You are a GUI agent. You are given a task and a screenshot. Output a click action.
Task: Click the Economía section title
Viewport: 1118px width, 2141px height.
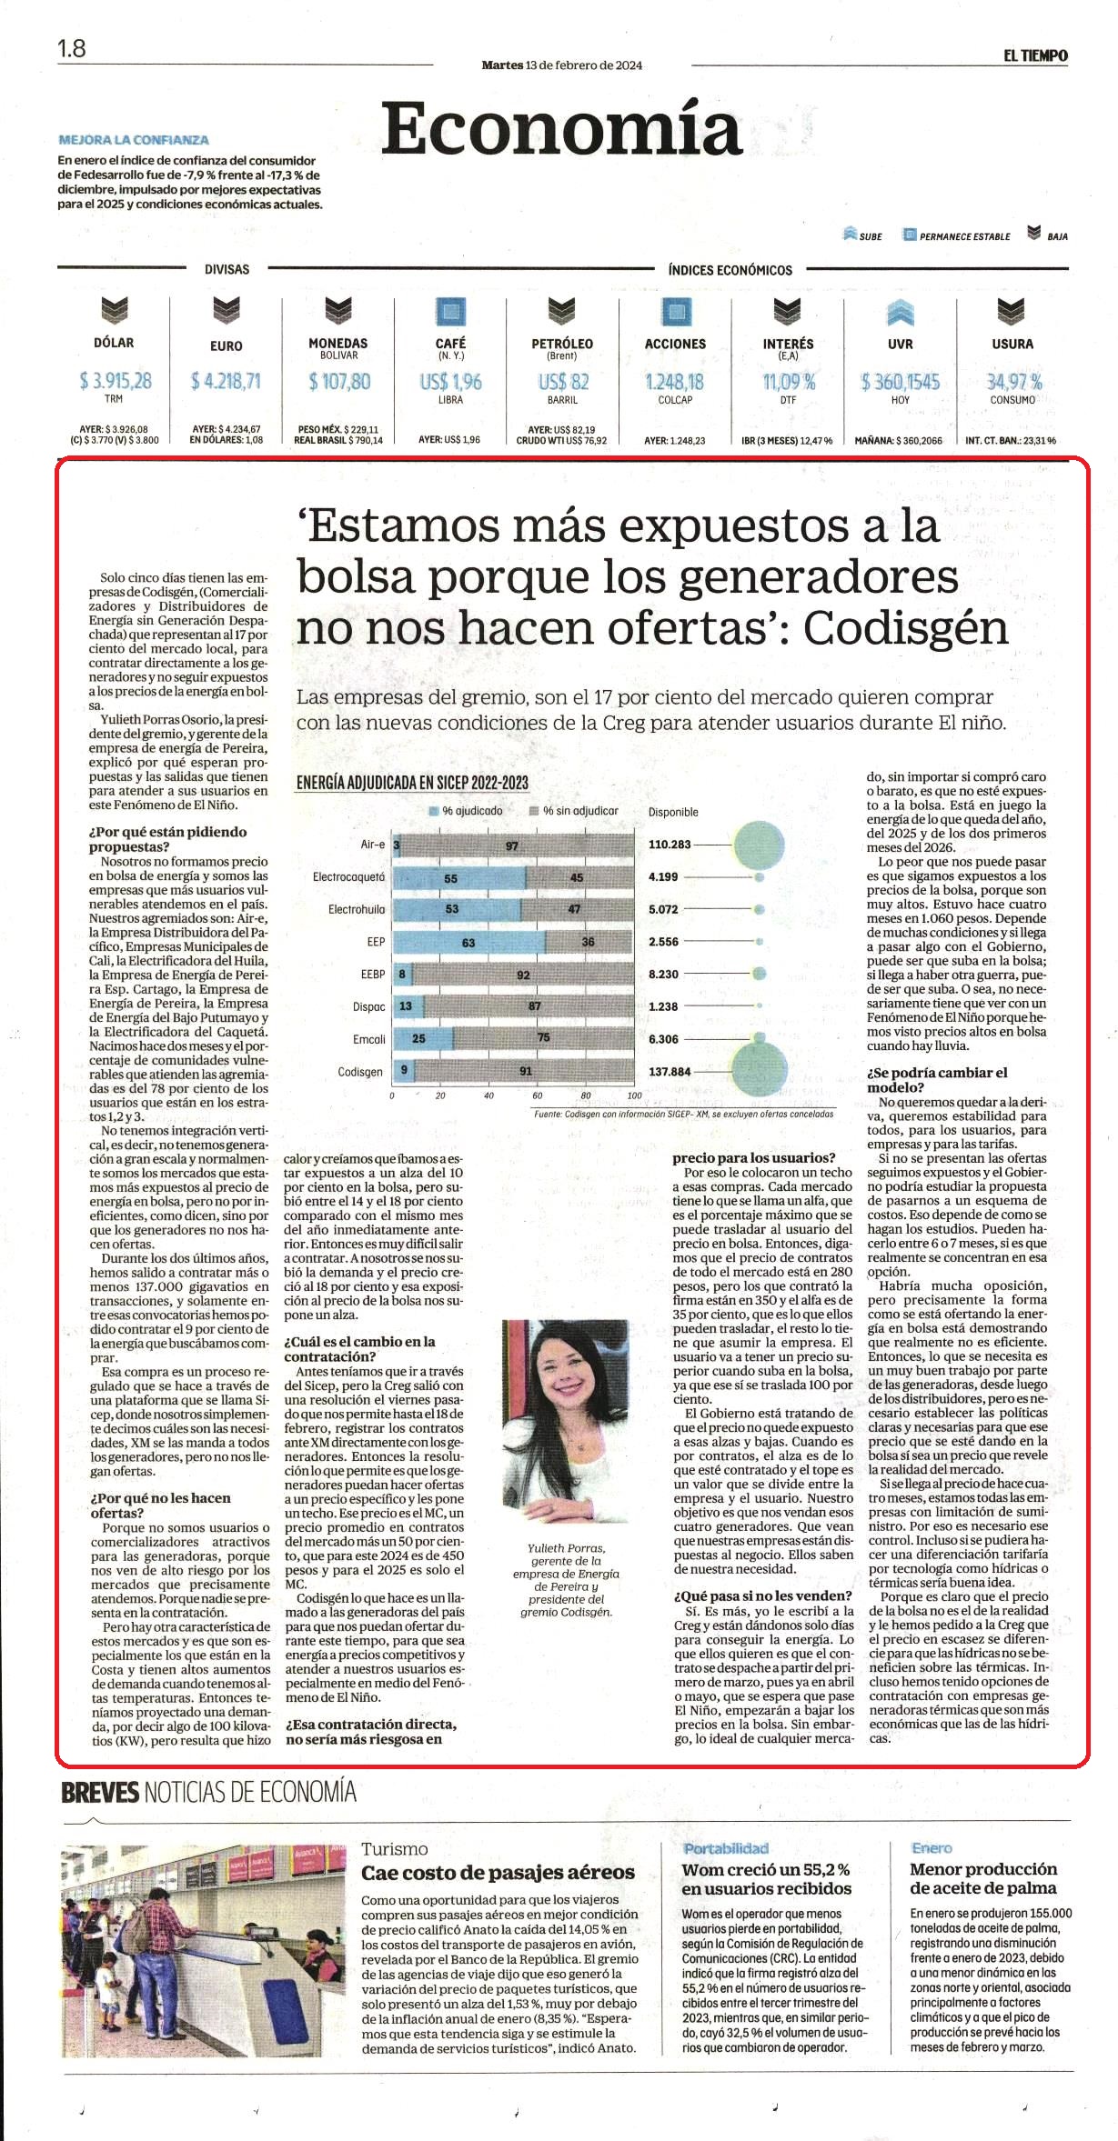pyautogui.click(x=561, y=128)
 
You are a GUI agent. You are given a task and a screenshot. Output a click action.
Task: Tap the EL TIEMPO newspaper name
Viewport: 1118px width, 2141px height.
pyautogui.click(x=1035, y=55)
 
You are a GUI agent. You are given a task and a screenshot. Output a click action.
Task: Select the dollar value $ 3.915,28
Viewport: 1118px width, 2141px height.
pyautogui.click(x=115, y=381)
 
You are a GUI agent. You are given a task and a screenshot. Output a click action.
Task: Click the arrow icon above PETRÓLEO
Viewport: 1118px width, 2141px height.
pyautogui.click(x=561, y=311)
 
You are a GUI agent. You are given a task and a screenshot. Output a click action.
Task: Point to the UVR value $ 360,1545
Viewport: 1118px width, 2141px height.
pyautogui.click(x=900, y=382)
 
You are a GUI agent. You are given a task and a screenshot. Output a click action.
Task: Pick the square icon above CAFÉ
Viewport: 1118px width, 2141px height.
pyautogui.click(x=450, y=312)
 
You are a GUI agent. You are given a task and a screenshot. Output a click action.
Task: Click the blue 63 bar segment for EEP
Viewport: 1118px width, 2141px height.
pyautogui.click(x=468, y=942)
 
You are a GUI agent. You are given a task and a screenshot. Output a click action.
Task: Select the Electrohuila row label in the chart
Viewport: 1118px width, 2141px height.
pyautogui.click(x=357, y=909)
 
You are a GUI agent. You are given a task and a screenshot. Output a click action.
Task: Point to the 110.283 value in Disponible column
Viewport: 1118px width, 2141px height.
pyautogui.click(x=670, y=845)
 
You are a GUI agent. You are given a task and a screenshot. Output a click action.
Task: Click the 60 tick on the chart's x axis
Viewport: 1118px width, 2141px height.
pyautogui.click(x=538, y=1096)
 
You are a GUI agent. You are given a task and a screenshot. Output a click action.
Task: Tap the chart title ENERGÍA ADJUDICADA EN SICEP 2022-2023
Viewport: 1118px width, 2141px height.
pyautogui.click(x=412, y=782)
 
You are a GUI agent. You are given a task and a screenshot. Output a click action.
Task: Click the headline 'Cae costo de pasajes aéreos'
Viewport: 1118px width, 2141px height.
pyautogui.click(x=498, y=1872)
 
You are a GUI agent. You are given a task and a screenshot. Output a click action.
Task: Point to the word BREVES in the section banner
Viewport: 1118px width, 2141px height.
pyautogui.click(x=100, y=1792)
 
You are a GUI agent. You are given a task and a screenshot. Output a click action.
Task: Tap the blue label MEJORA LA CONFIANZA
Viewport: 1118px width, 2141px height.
pyautogui.click(x=134, y=140)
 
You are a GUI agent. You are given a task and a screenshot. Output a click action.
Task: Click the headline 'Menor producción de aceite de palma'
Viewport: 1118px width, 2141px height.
pyautogui.click(x=983, y=1878)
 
